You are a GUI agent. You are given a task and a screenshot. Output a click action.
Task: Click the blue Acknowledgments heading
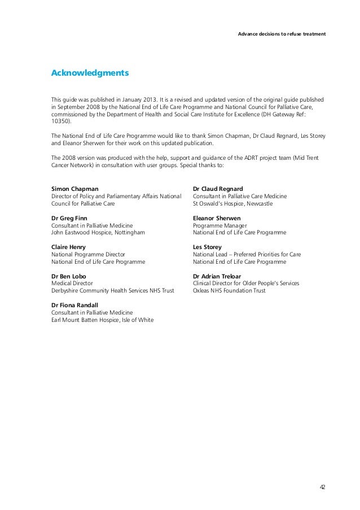click(90, 73)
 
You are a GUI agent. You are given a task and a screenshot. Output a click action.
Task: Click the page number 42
click(322, 487)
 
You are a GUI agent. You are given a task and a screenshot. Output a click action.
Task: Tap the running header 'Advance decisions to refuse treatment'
click(282, 34)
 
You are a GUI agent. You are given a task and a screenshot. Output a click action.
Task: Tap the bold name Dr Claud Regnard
click(218, 188)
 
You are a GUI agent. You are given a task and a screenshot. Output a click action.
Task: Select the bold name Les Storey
click(207, 247)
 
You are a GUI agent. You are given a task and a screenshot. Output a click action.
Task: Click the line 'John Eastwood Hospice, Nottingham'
click(98, 232)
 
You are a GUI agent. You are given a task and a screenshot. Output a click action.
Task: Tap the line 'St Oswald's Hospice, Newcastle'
click(232, 203)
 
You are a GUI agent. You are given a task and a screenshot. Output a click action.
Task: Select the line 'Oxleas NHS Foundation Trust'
click(229, 291)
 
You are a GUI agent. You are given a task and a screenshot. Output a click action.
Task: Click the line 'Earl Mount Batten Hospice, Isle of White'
click(102, 320)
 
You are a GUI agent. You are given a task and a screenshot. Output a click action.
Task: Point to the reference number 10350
click(61, 121)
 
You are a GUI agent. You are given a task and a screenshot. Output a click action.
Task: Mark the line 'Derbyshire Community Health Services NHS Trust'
click(113, 291)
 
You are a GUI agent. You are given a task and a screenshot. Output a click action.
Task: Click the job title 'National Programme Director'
click(88, 254)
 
